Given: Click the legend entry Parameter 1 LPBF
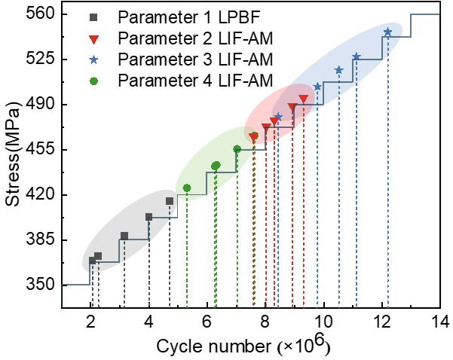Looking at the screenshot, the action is click(x=189, y=17).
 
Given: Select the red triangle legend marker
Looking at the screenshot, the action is click(x=93, y=39).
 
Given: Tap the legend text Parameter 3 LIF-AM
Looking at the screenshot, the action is click(x=195, y=59).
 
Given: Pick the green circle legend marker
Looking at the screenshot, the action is click(x=93, y=81).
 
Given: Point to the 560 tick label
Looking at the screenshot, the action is click(x=40, y=14).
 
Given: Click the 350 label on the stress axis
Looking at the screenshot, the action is click(x=40, y=285).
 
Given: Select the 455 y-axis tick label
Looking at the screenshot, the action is click(x=40, y=150).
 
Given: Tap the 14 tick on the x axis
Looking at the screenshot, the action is click(x=440, y=322).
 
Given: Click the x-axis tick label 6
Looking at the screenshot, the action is click(x=207, y=322).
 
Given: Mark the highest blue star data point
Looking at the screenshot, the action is click(x=387, y=32).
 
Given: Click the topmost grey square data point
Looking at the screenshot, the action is click(x=170, y=201).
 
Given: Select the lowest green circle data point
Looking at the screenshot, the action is click(x=187, y=188).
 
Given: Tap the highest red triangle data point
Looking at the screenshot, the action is click(x=303, y=99).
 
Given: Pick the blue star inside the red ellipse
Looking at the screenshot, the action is click(x=278, y=117).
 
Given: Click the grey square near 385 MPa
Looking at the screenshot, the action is click(x=124, y=236).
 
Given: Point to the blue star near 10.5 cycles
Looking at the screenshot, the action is click(x=338, y=70).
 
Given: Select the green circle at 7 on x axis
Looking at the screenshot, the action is click(x=237, y=149).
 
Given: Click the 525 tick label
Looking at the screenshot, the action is click(x=40, y=59).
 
